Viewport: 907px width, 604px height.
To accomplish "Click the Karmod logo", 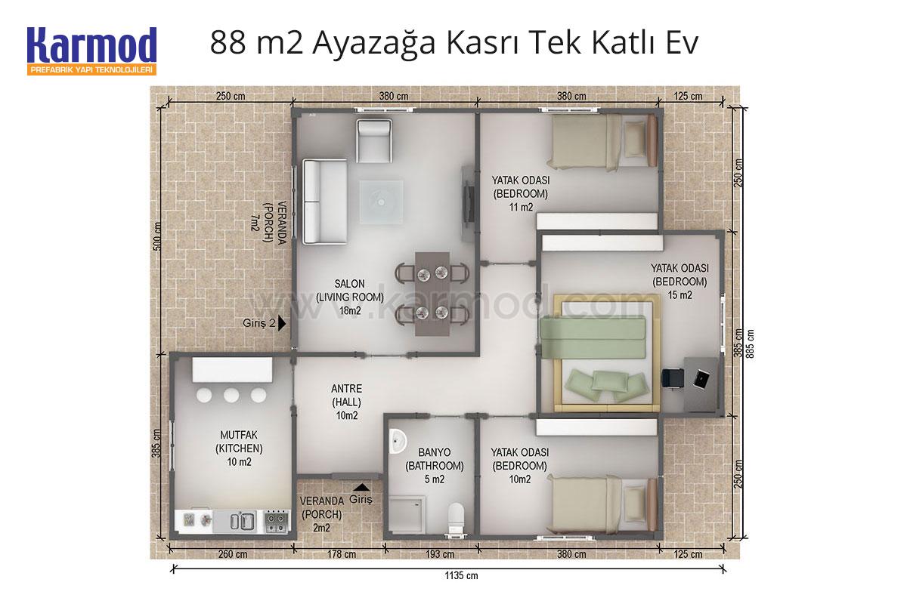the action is pyautogui.click(x=92, y=51).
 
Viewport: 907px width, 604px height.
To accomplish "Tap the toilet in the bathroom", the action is pyautogui.click(x=456, y=518).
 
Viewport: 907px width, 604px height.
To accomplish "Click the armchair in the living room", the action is pyautogui.click(x=373, y=140).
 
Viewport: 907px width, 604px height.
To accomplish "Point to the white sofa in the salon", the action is pyautogui.click(x=325, y=202).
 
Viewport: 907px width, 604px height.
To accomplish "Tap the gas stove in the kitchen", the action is pyautogui.click(x=277, y=520).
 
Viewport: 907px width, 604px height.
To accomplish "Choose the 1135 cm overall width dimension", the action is pyautogui.click(x=461, y=575).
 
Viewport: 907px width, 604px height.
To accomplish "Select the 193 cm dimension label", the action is pyautogui.click(x=440, y=554).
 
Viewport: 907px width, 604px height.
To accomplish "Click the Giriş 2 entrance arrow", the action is pyautogui.click(x=282, y=324).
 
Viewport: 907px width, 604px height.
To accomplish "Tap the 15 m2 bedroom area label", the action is pyautogui.click(x=679, y=295).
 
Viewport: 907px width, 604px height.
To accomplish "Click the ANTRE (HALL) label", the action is pyautogui.click(x=347, y=396).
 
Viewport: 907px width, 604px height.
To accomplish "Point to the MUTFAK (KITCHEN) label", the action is pyautogui.click(x=239, y=442).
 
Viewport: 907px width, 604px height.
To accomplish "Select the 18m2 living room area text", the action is pyautogui.click(x=350, y=311).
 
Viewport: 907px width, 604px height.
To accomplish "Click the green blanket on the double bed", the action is pyautogui.click(x=593, y=337).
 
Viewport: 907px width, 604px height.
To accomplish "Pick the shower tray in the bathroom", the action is pyautogui.click(x=407, y=515).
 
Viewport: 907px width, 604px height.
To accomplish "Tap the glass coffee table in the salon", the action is pyautogui.click(x=381, y=202).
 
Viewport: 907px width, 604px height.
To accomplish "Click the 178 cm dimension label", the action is pyautogui.click(x=342, y=554).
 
